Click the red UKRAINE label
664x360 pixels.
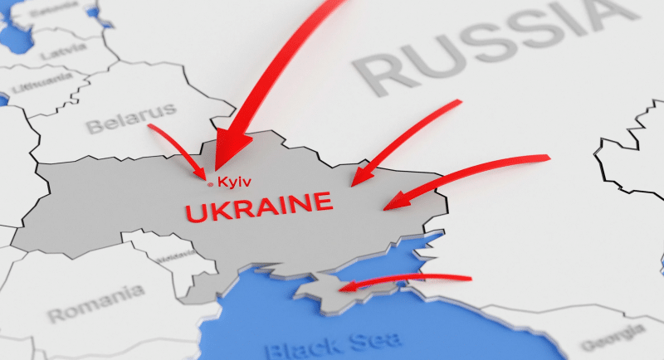259,207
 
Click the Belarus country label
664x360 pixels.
132,118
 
